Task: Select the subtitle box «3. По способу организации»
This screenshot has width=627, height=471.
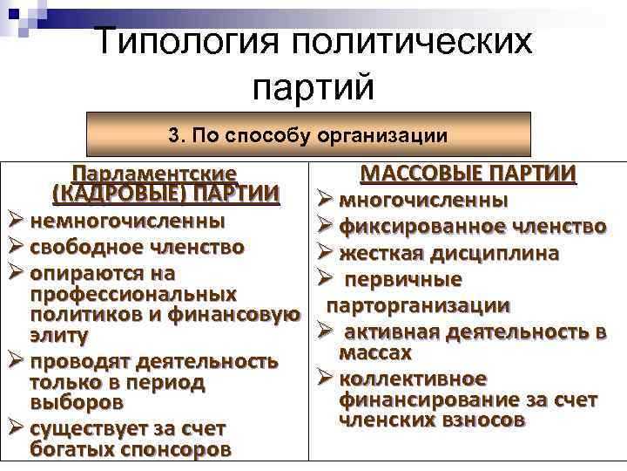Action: click(308, 135)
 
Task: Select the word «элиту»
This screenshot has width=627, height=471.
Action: click(59, 335)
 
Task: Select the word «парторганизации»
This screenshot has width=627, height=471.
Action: click(418, 306)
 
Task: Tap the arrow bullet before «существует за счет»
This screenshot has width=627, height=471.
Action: click(17, 429)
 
